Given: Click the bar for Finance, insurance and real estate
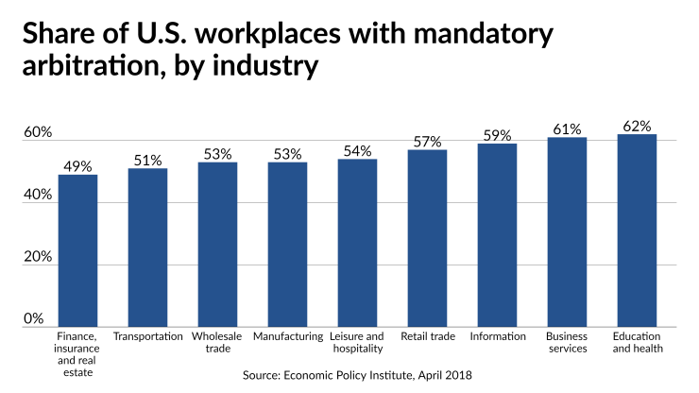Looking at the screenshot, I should [77, 250].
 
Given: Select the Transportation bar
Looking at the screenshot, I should [147, 248].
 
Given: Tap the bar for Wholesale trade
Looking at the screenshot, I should [217, 245].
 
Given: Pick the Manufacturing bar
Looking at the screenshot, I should [287, 245].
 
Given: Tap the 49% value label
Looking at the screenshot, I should [77, 166].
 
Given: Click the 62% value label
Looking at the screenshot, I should [637, 126].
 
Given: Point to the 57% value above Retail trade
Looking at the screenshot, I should [427, 142].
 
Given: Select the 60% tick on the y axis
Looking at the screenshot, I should [37, 132].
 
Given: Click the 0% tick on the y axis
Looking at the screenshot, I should [33, 318].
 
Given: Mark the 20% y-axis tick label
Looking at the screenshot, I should [37, 257].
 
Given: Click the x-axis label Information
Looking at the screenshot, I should [497, 336].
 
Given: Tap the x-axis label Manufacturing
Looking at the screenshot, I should [287, 336].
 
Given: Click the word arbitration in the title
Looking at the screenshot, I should [89, 68].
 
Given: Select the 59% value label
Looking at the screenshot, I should [497, 135].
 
